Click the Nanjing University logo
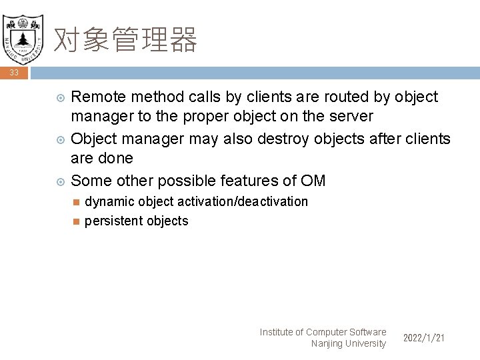[23, 35]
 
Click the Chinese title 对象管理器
[125, 40]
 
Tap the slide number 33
[14, 73]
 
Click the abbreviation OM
[313, 181]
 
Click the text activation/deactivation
[244, 201]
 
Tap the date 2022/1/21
[424, 338]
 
